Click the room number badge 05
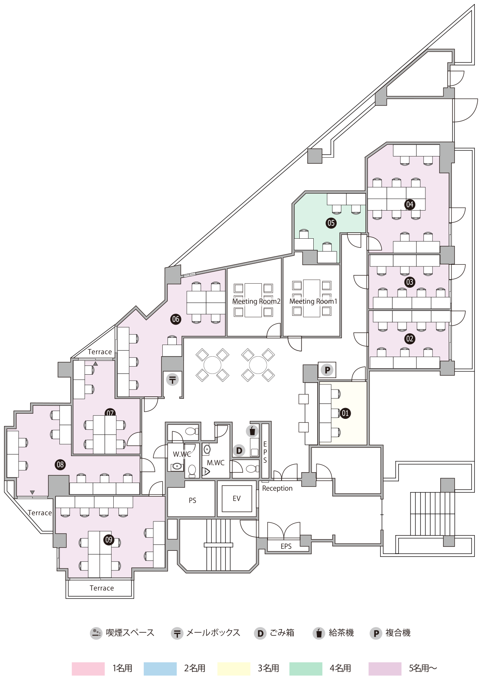[x=331, y=223]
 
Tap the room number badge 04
[x=409, y=204]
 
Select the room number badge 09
[x=109, y=540]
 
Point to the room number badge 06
[x=176, y=319]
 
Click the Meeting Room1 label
[x=313, y=301]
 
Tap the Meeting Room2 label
[x=256, y=301]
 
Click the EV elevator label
[x=237, y=498]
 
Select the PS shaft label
[x=192, y=500]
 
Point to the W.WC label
[x=182, y=454]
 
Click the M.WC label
[x=216, y=463]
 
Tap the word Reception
[x=277, y=488]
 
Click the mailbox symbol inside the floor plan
[x=172, y=380]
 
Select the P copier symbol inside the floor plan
[x=327, y=370]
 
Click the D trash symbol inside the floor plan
[x=239, y=451]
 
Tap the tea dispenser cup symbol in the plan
[x=252, y=431]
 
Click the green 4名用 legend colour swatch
[x=306, y=669]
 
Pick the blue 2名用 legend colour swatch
[x=160, y=669]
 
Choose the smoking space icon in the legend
[x=96, y=633]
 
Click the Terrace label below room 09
[x=102, y=588]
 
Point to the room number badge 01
[x=345, y=413]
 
